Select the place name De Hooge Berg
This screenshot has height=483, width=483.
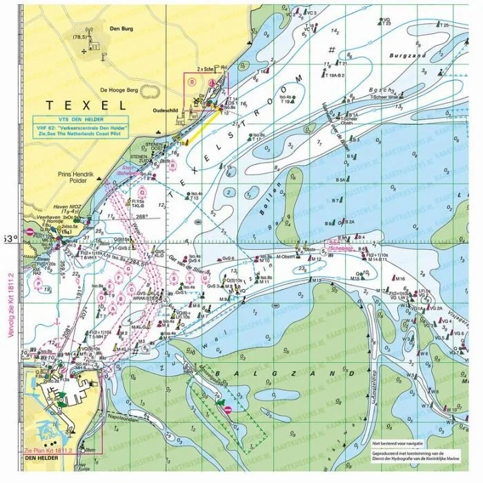pos(120,90)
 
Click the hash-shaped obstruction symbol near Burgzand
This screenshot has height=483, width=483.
pos(333,49)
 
